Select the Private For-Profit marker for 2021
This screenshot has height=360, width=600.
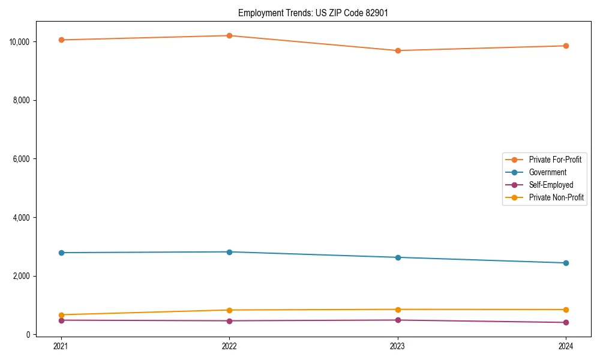pyautogui.click(x=61, y=40)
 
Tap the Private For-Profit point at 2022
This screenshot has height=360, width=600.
pyautogui.click(x=229, y=35)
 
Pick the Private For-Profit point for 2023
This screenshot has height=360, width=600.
pyautogui.click(x=398, y=50)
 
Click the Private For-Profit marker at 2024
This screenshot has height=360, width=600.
pyautogui.click(x=566, y=46)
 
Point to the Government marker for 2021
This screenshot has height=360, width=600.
pyautogui.click(x=61, y=253)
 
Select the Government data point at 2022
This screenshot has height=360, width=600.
pyautogui.click(x=229, y=252)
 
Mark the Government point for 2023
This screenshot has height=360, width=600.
pyautogui.click(x=398, y=257)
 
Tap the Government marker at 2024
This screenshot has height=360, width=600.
pyautogui.click(x=566, y=263)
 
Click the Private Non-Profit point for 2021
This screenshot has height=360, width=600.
pyautogui.click(x=61, y=315)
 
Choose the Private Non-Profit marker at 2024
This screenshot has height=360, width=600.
pyautogui.click(x=566, y=310)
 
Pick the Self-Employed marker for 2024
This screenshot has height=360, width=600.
pyautogui.click(x=566, y=323)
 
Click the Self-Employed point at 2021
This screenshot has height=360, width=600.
pyautogui.click(x=61, y=320)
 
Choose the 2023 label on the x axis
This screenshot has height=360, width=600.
pyautogui.click(x=398, y=346)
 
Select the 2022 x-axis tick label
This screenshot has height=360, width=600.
pyautogui.click(x=229, y=346)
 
